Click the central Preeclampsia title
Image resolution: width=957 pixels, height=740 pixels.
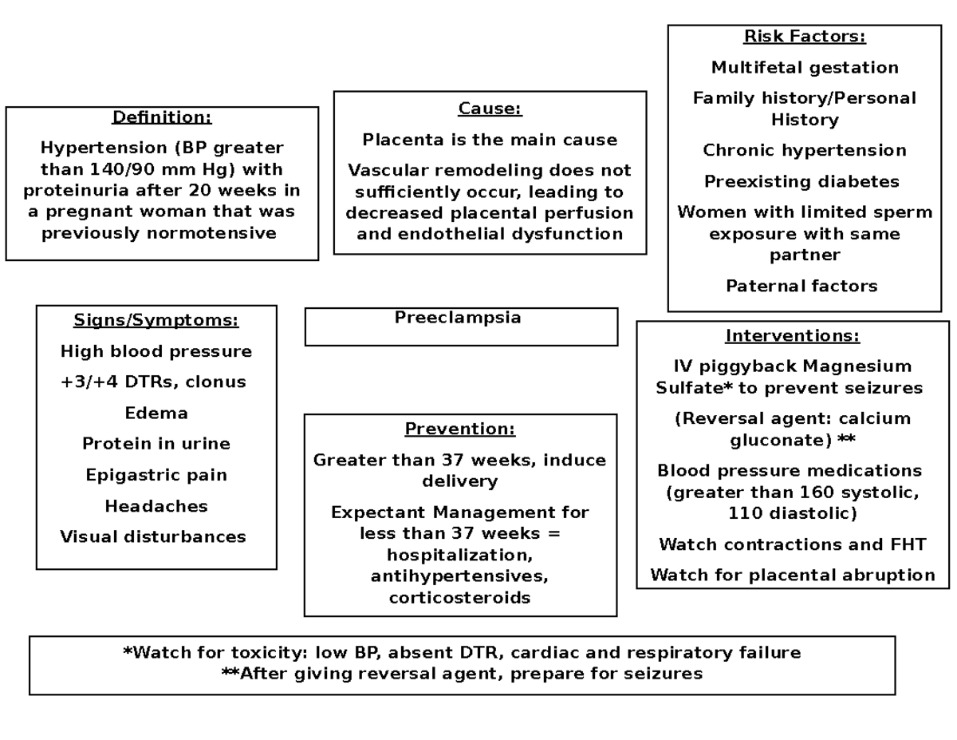(458, 318)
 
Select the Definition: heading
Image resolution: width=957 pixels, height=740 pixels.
(162, 117)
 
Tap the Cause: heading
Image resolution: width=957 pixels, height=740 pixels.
(490, 109)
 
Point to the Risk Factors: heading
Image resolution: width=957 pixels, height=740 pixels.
(804, 37)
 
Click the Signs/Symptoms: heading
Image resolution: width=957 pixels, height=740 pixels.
(156, 320)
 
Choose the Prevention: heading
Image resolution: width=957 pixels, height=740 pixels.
(460, 429)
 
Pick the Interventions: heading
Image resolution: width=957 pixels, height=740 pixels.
(792, 335)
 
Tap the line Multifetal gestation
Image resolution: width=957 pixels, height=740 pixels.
(804, 68)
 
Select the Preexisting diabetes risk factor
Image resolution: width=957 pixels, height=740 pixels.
(801, 182)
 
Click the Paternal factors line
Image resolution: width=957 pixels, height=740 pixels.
(801, 286)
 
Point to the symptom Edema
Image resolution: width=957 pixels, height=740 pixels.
(156, 414)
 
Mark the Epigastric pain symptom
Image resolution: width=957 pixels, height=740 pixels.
(156, 475)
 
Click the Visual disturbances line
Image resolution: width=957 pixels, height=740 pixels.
(153, 537)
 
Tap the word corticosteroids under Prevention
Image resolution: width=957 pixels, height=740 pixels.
(459, 598)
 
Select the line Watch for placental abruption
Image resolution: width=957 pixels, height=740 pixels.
(792, 576)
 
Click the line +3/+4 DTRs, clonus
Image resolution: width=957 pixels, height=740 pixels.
(153, 382)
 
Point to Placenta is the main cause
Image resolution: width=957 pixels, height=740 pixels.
(490, 140)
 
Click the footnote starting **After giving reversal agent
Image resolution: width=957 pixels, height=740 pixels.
(462, 674)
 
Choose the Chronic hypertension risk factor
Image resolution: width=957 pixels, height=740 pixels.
(804, 151)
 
